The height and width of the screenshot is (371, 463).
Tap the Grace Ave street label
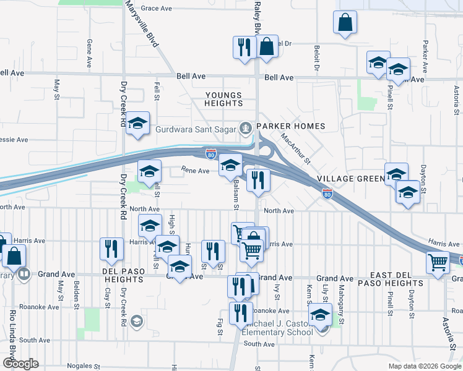[x=156, y=9]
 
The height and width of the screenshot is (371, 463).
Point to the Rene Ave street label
[x=195, y=170]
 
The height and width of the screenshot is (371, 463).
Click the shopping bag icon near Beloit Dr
[x=345, y=22]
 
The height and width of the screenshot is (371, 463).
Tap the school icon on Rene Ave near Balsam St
[x=230, y=165]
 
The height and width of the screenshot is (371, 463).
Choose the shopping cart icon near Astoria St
[x=438, y=262]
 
